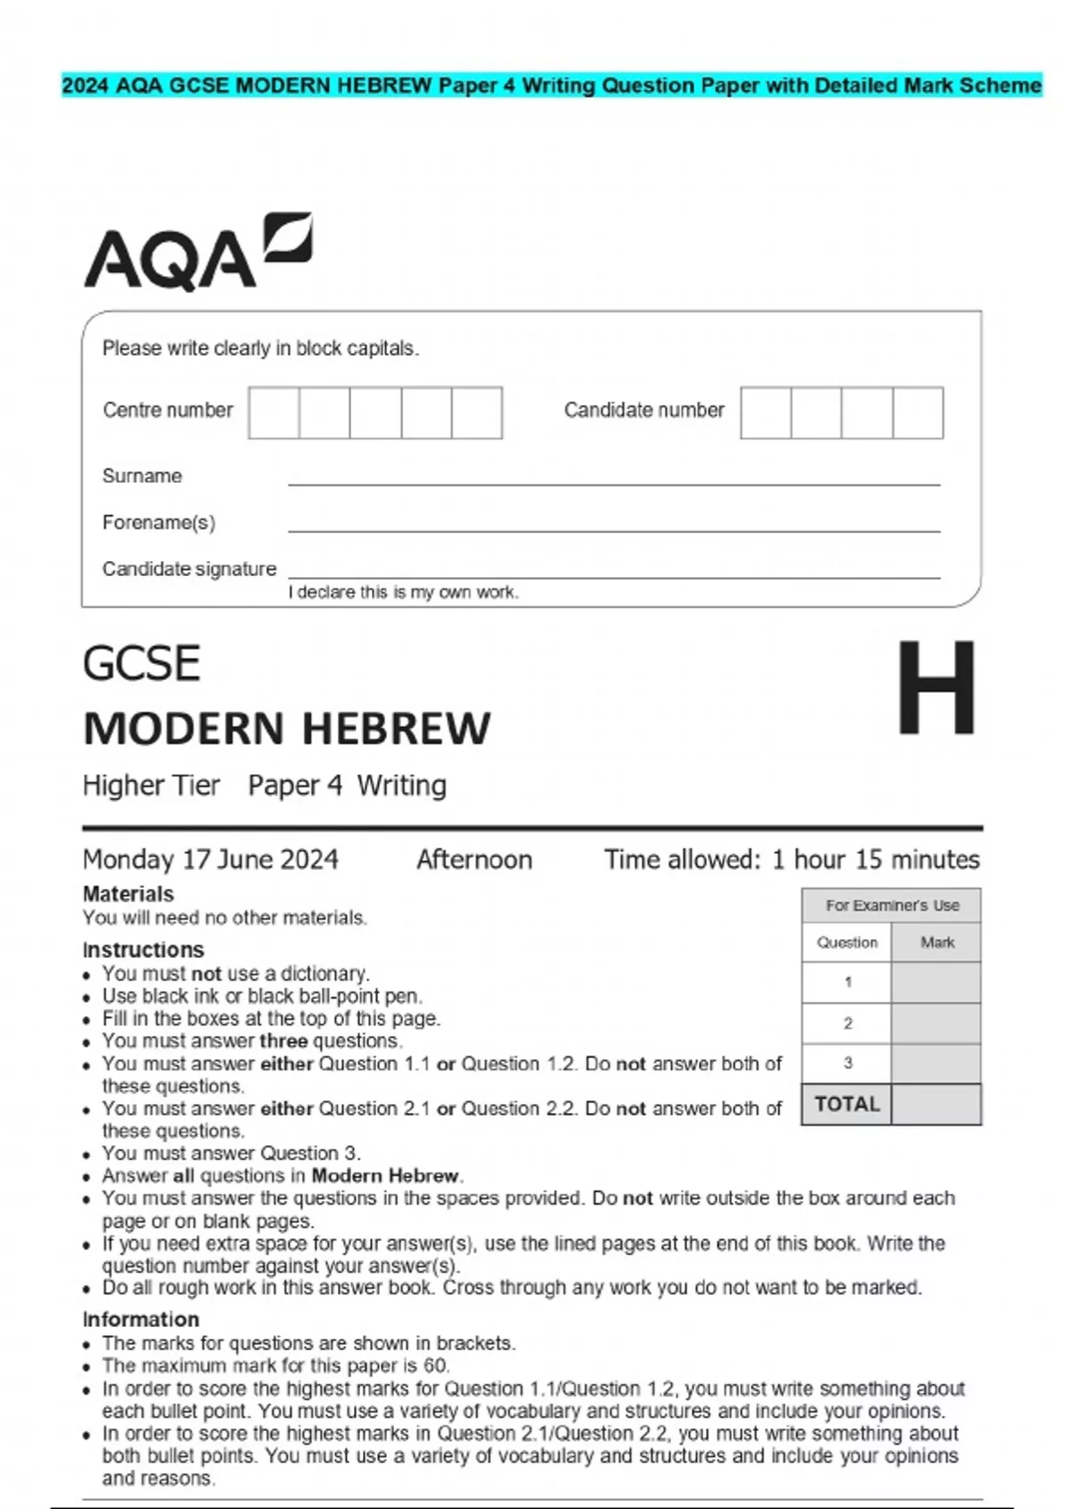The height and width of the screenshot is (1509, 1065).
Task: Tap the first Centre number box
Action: (x=273, y=413)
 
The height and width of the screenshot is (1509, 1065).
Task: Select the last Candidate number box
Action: (x=918, y=413)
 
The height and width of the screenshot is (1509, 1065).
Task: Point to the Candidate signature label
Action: (x=189, y=569)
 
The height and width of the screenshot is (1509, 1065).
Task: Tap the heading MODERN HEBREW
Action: (x=286, y=729)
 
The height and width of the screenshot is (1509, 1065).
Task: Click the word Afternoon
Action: (x=474, y=859)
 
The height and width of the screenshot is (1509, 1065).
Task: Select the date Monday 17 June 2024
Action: (x=210, y=859)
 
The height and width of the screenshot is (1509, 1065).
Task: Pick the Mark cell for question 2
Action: (x=935, y=1023)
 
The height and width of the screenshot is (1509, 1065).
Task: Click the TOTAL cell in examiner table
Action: (x=847, y=1104)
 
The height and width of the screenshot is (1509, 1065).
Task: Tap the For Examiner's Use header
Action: (x=891, y=905)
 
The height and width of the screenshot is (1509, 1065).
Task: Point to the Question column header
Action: (x=847, y=943)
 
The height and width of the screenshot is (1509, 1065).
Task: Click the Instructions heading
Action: (x=143, y=950)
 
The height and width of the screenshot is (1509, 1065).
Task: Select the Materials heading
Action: (x=128, y=894)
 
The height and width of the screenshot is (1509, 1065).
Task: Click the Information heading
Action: (x=140, y=1319)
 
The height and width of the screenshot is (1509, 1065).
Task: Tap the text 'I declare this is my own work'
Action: (x=403, y=592)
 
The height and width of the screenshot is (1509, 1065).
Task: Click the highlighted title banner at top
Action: (x=551, y=86)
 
